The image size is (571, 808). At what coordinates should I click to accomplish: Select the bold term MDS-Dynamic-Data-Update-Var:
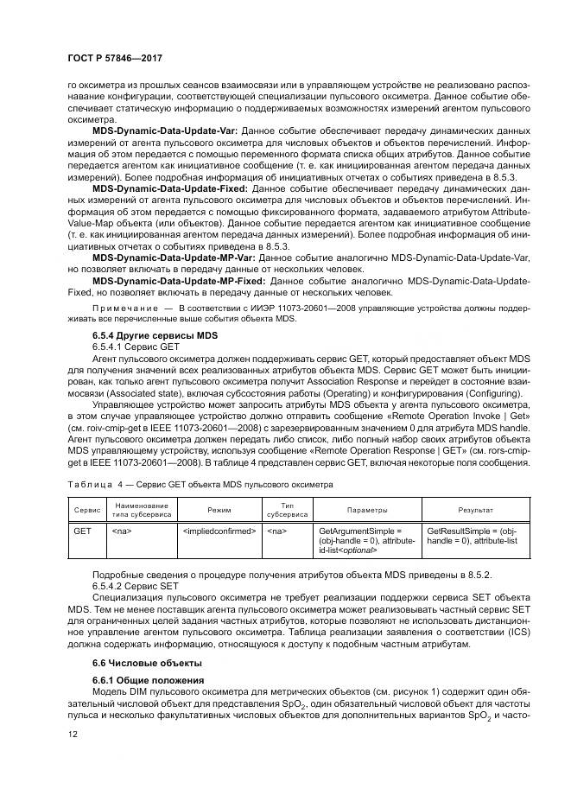pos(166,130)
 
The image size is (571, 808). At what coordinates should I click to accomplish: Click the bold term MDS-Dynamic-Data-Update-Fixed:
pos(169,187)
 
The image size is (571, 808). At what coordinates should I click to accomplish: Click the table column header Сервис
pos(86,510)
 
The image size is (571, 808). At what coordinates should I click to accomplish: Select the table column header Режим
pos(219,510)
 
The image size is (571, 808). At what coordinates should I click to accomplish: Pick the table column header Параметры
pos(367,510)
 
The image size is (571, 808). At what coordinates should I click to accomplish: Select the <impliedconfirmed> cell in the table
pos(219,530)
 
